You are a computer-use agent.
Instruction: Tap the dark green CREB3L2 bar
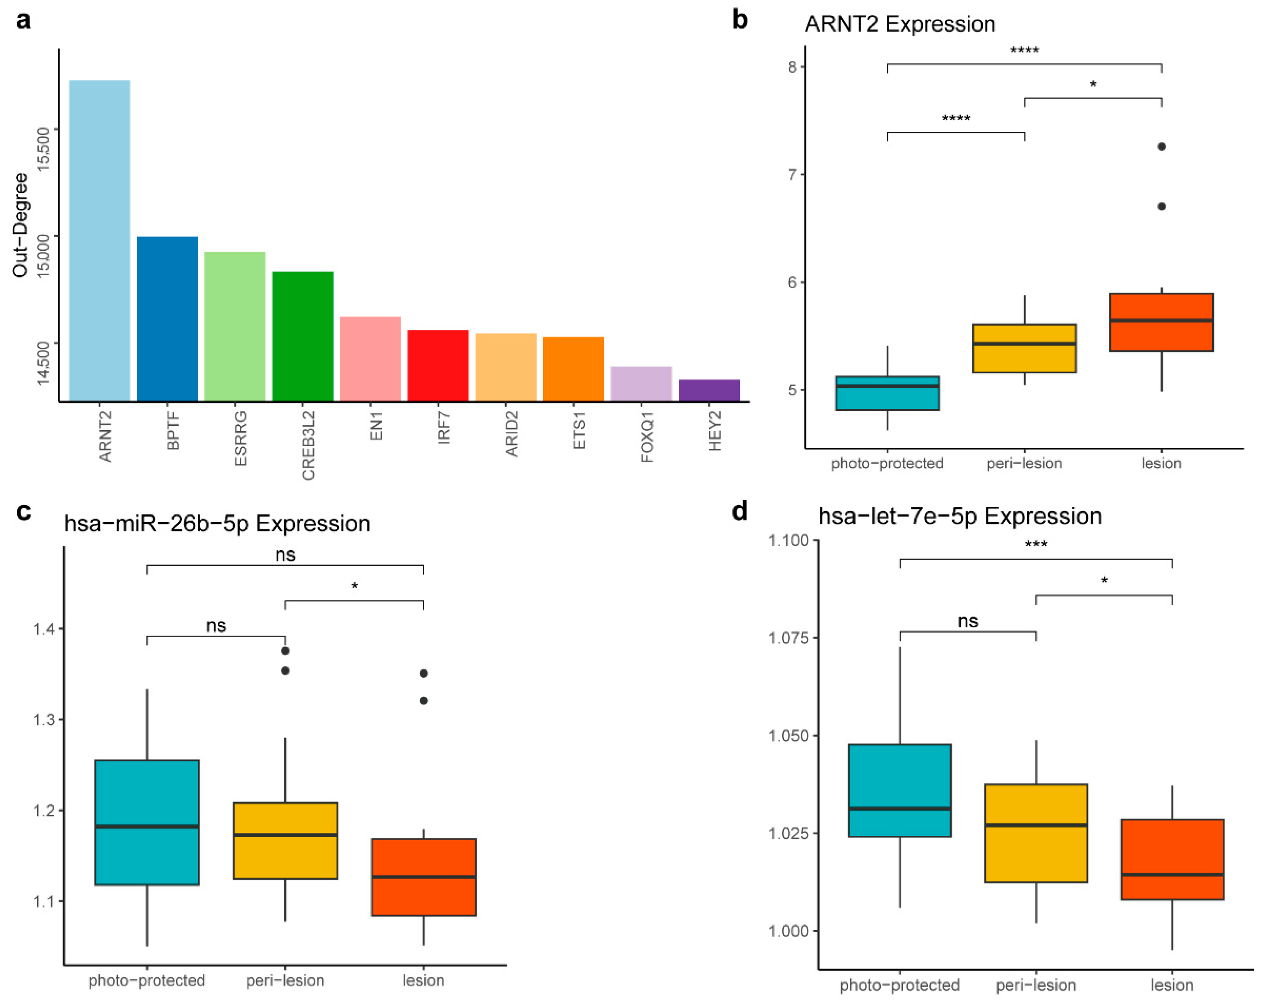302,336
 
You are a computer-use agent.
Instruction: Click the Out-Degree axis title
20,225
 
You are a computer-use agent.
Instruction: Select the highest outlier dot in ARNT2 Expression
1161,146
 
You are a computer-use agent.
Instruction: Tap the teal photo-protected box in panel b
887,393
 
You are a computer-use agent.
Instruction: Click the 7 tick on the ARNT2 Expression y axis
793,174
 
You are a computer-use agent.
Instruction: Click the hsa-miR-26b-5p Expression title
217,523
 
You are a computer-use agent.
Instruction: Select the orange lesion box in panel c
423,877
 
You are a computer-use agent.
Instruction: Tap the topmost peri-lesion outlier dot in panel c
285,651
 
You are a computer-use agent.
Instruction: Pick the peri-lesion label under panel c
285,980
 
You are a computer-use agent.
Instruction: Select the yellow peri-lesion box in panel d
1036,833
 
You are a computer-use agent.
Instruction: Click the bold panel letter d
740,511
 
